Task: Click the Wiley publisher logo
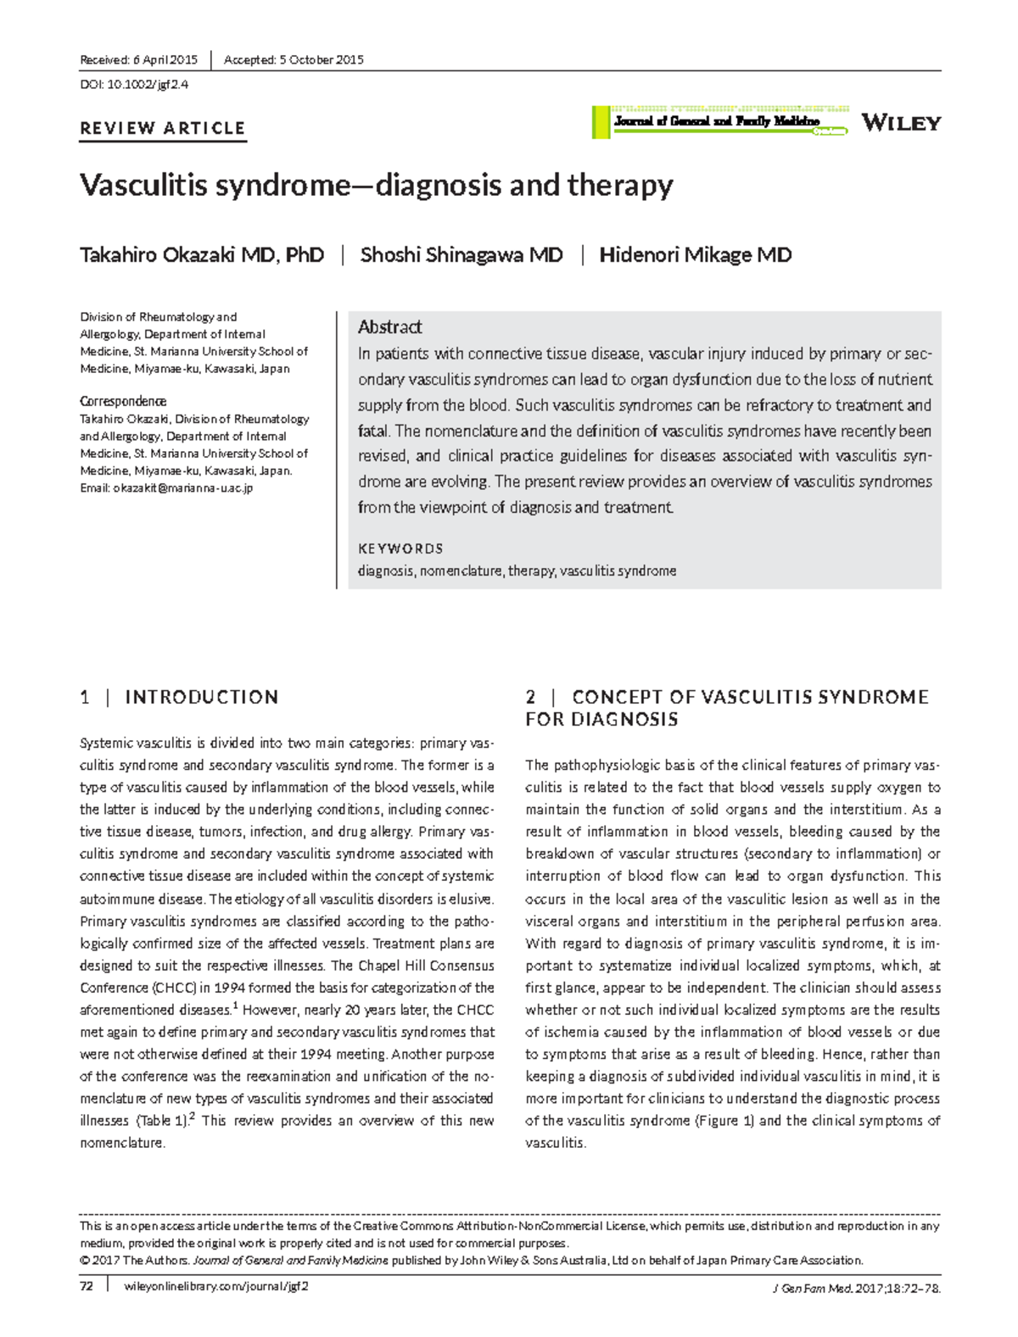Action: point(901,123)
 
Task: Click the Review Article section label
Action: point(162,129)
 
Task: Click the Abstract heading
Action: point(389,327)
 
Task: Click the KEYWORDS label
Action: point(400,549)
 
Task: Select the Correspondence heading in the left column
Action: point(122,401)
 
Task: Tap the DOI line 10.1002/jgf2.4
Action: point(134,85)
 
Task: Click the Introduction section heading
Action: point(201,698)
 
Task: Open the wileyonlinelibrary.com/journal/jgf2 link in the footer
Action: point(216,1286)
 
